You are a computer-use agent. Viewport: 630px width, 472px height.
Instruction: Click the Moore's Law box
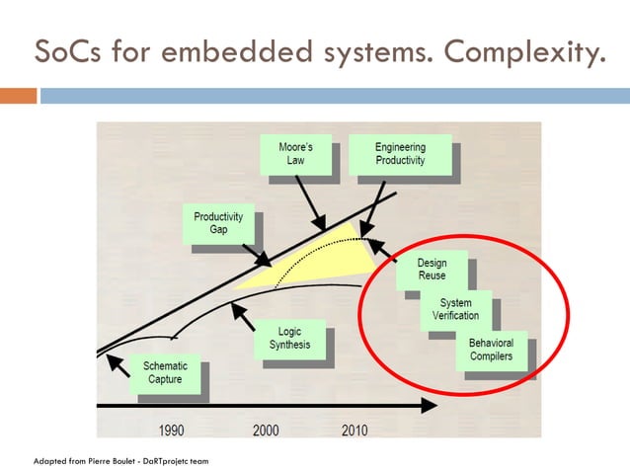coord(296,155)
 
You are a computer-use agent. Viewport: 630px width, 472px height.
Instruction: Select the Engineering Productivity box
coord(400,155)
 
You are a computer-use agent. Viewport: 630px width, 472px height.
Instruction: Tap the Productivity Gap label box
coord(218,223)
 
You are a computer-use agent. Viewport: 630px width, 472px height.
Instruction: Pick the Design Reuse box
coord(432,270)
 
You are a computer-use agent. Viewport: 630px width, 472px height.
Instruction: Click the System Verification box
coord(455,309)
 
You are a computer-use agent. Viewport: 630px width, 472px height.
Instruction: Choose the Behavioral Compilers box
coord(491,350)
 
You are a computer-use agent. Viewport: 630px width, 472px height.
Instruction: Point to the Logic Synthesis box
coord(289,339)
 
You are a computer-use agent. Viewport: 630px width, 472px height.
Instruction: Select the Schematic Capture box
coord(164,372)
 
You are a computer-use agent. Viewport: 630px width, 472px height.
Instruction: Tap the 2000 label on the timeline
coord(265,430)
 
